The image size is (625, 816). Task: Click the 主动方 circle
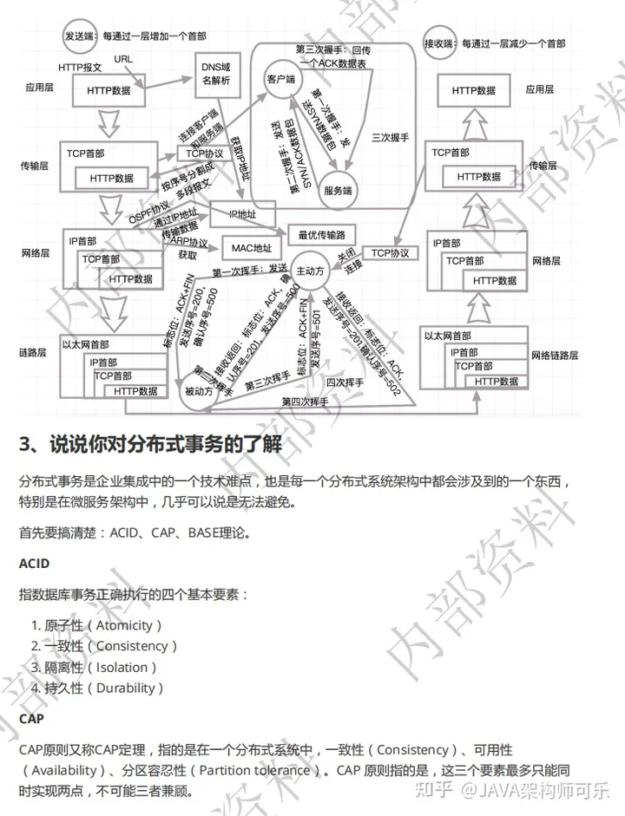coord(310,271)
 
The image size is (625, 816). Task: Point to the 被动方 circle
coord(199,391)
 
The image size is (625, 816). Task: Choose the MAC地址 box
coord(252,249)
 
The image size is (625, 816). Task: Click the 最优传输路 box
coord(322,234)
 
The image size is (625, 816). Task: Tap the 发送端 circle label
coord(82,37)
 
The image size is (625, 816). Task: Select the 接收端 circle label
coord(440,41)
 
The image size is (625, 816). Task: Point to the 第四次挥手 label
coord(305,401)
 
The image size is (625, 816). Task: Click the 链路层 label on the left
coord(32,353)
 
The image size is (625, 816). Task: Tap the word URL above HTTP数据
coord(124,58)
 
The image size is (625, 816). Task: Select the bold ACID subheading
coord(35,564)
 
